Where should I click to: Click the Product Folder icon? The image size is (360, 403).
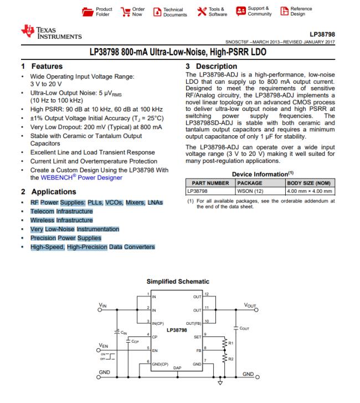88,11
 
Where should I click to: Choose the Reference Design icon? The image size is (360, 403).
285,11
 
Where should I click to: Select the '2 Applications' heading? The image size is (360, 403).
48,192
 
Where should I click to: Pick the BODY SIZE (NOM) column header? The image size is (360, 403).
308,182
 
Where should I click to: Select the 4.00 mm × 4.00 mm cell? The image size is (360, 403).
309,191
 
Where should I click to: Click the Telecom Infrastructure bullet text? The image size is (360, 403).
61,211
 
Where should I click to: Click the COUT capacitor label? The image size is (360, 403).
245,328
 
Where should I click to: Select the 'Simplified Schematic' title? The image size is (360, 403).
178,282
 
